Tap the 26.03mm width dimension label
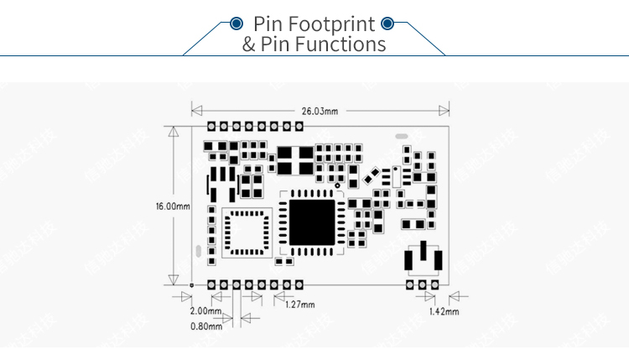pos(320,111)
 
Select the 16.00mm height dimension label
pos(173,206)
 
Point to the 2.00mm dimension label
pos(205,311)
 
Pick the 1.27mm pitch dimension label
pos(300,305)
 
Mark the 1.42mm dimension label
pos(444,311)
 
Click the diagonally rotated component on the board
pos(372,176)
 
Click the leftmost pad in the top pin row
pos(212,126)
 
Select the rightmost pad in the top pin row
pos(299,126)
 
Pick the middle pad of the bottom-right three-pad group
pos(423,285)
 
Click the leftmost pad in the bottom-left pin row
pos(212,285)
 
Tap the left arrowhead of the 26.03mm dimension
pos(195,111)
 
